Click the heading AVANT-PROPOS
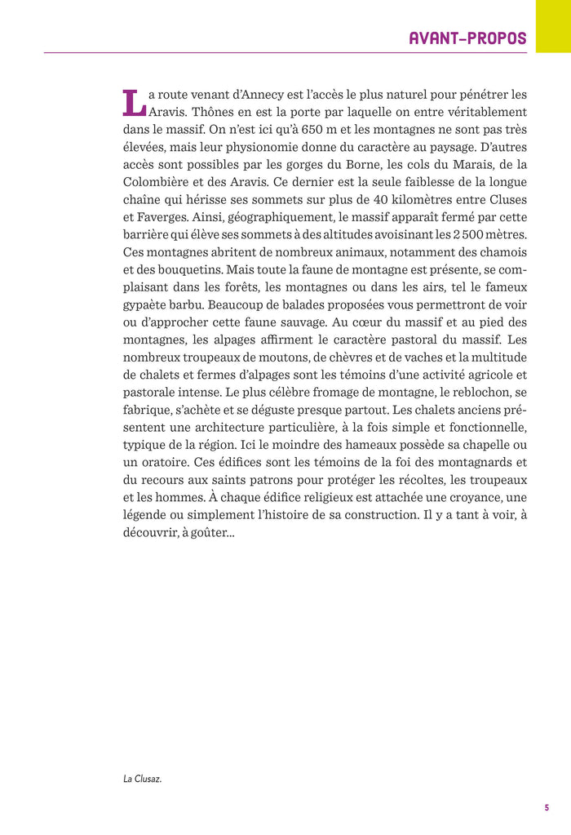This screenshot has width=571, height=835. coord(467,38)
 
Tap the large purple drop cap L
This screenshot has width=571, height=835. coord(134,101)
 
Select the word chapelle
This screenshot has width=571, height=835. coord(483,445)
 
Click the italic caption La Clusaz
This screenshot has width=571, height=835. coord(143,779)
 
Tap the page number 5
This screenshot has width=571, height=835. coord(547,808)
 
